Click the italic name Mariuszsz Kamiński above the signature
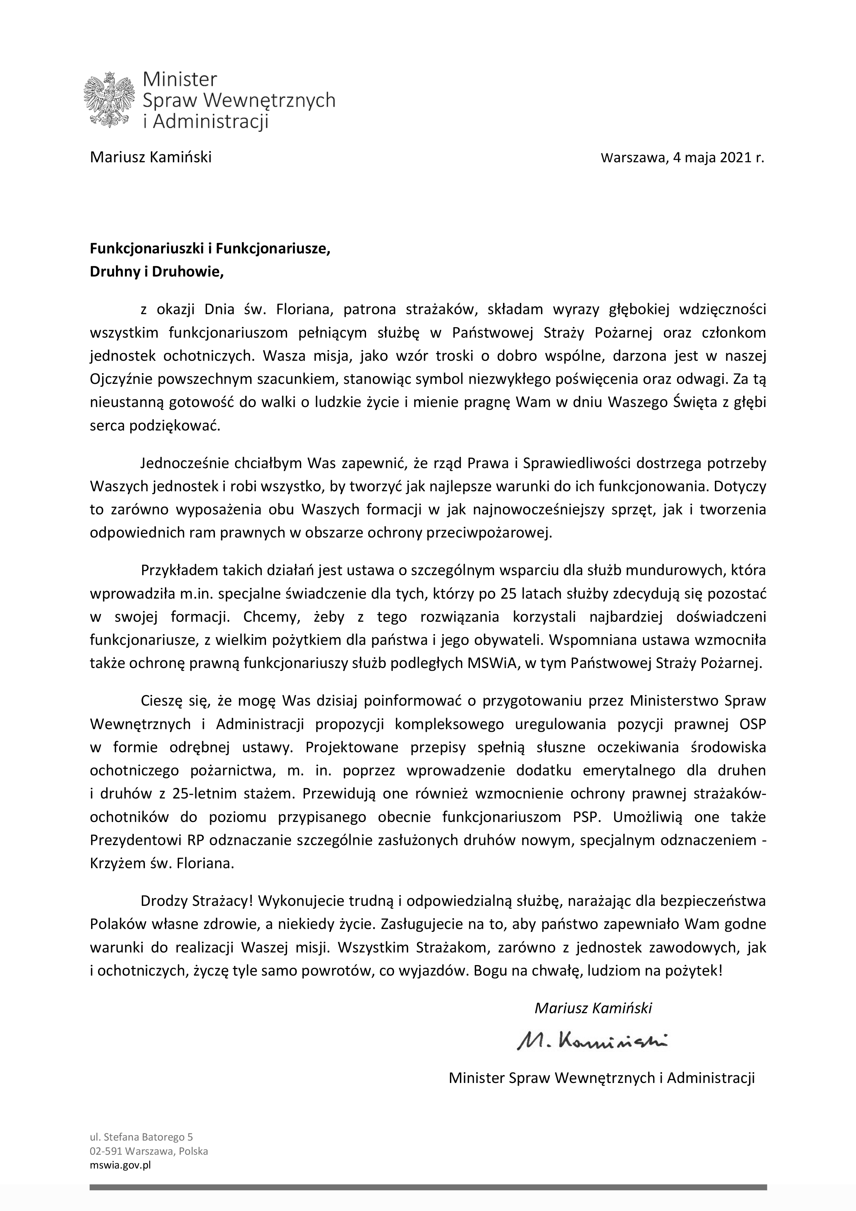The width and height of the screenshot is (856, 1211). point(593,1008)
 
